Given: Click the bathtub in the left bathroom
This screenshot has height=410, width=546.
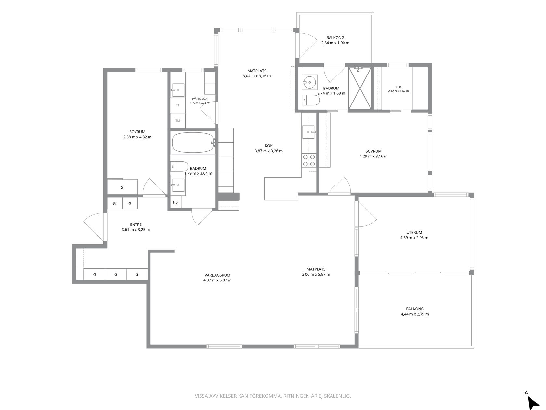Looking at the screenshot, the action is (193, 143).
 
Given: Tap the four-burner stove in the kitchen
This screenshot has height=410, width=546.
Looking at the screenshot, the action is (309, 160).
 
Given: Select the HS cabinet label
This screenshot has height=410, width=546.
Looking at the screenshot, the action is (175, 202).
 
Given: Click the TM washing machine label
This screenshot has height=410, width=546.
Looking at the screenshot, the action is (177, 121).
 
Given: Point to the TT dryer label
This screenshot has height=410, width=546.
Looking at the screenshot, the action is (177, 105).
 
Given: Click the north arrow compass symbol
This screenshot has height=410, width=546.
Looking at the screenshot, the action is (533, 401).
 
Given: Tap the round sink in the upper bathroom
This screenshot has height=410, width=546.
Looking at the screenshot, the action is (309, 82).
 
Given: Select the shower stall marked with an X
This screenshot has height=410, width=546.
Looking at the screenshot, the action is (360, 89).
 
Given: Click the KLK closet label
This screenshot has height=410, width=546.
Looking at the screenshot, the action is (398, 87).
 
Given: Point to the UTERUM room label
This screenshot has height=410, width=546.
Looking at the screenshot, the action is (414, 233).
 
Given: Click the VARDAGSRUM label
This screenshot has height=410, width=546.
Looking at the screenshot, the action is (217, 275).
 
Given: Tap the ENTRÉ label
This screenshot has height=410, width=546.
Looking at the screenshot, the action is (136, 225).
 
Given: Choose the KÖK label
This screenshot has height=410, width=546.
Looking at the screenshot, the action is (269, 146).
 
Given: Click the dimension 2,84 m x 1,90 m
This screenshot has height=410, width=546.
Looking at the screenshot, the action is (335, 43).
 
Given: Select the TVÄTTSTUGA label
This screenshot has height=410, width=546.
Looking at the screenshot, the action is (200, 99).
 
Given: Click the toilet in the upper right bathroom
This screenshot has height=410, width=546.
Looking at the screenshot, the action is (311, 100).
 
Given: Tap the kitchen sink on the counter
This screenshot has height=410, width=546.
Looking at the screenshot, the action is (309, 132).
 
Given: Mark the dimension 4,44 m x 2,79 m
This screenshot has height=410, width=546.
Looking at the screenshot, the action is (415, 314).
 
